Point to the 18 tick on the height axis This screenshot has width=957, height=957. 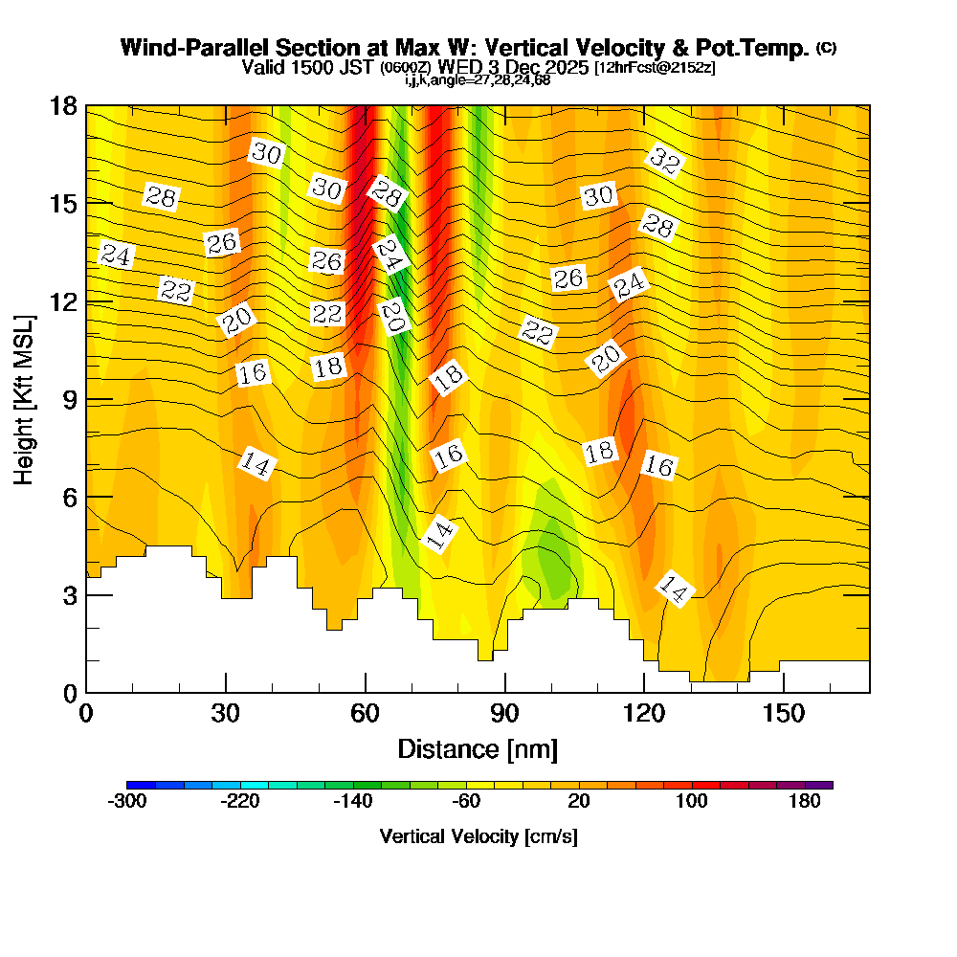[62, 105]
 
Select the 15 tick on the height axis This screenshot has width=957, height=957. [62, 203]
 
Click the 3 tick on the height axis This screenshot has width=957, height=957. [69, 594]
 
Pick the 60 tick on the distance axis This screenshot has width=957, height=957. [366, 713]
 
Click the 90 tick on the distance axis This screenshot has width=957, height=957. [504, 713]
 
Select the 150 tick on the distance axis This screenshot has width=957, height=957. [784, 713]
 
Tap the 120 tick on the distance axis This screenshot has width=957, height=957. [644, 713]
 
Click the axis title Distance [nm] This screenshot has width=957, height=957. [478, 747]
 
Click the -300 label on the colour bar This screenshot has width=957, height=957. [128, 802]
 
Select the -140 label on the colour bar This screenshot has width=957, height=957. [355, 802]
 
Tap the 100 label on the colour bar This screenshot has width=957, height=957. [692, 802]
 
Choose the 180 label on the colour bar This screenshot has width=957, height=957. [805, 802]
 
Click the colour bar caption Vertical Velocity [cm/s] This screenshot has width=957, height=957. [478, 835]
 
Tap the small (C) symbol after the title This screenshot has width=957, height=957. [826, 47]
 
